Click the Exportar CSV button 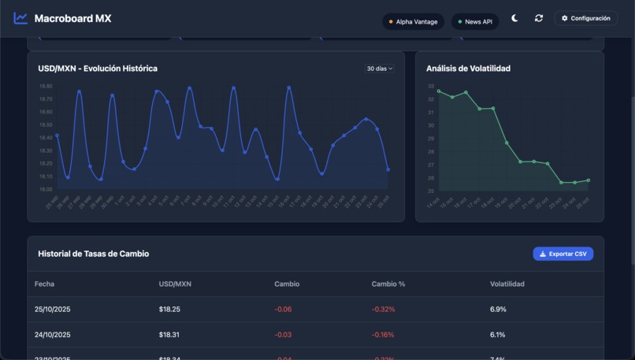point(563,254)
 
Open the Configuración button point(585,18)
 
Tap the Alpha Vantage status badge point(413,22)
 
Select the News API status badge point(475,22)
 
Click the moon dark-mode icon point(514,18)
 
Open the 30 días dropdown point(379,69)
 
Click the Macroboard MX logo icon point(20,18)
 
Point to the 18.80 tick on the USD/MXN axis point(46,86)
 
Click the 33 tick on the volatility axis point(431,86)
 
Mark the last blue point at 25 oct point(388,169)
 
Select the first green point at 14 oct point(439,91)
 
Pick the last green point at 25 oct point(588,180)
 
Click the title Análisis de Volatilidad point(468,69)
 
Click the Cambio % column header point(388,284)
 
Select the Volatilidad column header point(507,284)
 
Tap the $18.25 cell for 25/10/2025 point(169,310)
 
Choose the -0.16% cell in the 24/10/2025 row point(383,335)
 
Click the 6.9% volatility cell point(498,310)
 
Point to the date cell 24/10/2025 point(53,335)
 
